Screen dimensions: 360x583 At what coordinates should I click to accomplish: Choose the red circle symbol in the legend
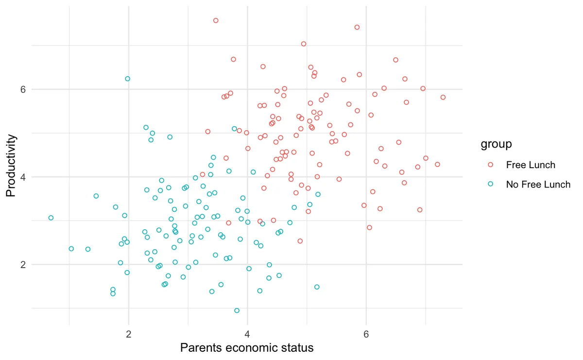[490, 165]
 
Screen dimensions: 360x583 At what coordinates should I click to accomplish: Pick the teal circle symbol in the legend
[490, 185]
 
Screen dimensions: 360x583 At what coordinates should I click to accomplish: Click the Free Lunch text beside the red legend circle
[531, 165]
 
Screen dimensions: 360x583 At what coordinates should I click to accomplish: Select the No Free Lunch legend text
[538, 185]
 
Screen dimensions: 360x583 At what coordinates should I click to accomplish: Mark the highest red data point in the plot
[216, 20]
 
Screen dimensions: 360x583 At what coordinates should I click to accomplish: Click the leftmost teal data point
[51, 218]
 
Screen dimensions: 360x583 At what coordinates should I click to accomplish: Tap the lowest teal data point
[237, 310]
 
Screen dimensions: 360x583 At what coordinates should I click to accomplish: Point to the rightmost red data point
[443, 97]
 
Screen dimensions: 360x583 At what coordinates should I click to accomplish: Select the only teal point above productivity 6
[128, 79]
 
